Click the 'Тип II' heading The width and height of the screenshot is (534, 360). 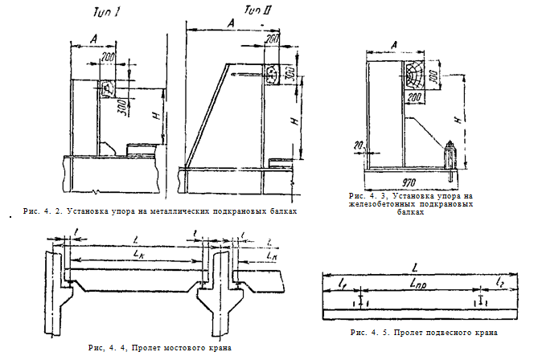(257, 10)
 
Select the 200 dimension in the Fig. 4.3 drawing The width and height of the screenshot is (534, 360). (416, 97)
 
